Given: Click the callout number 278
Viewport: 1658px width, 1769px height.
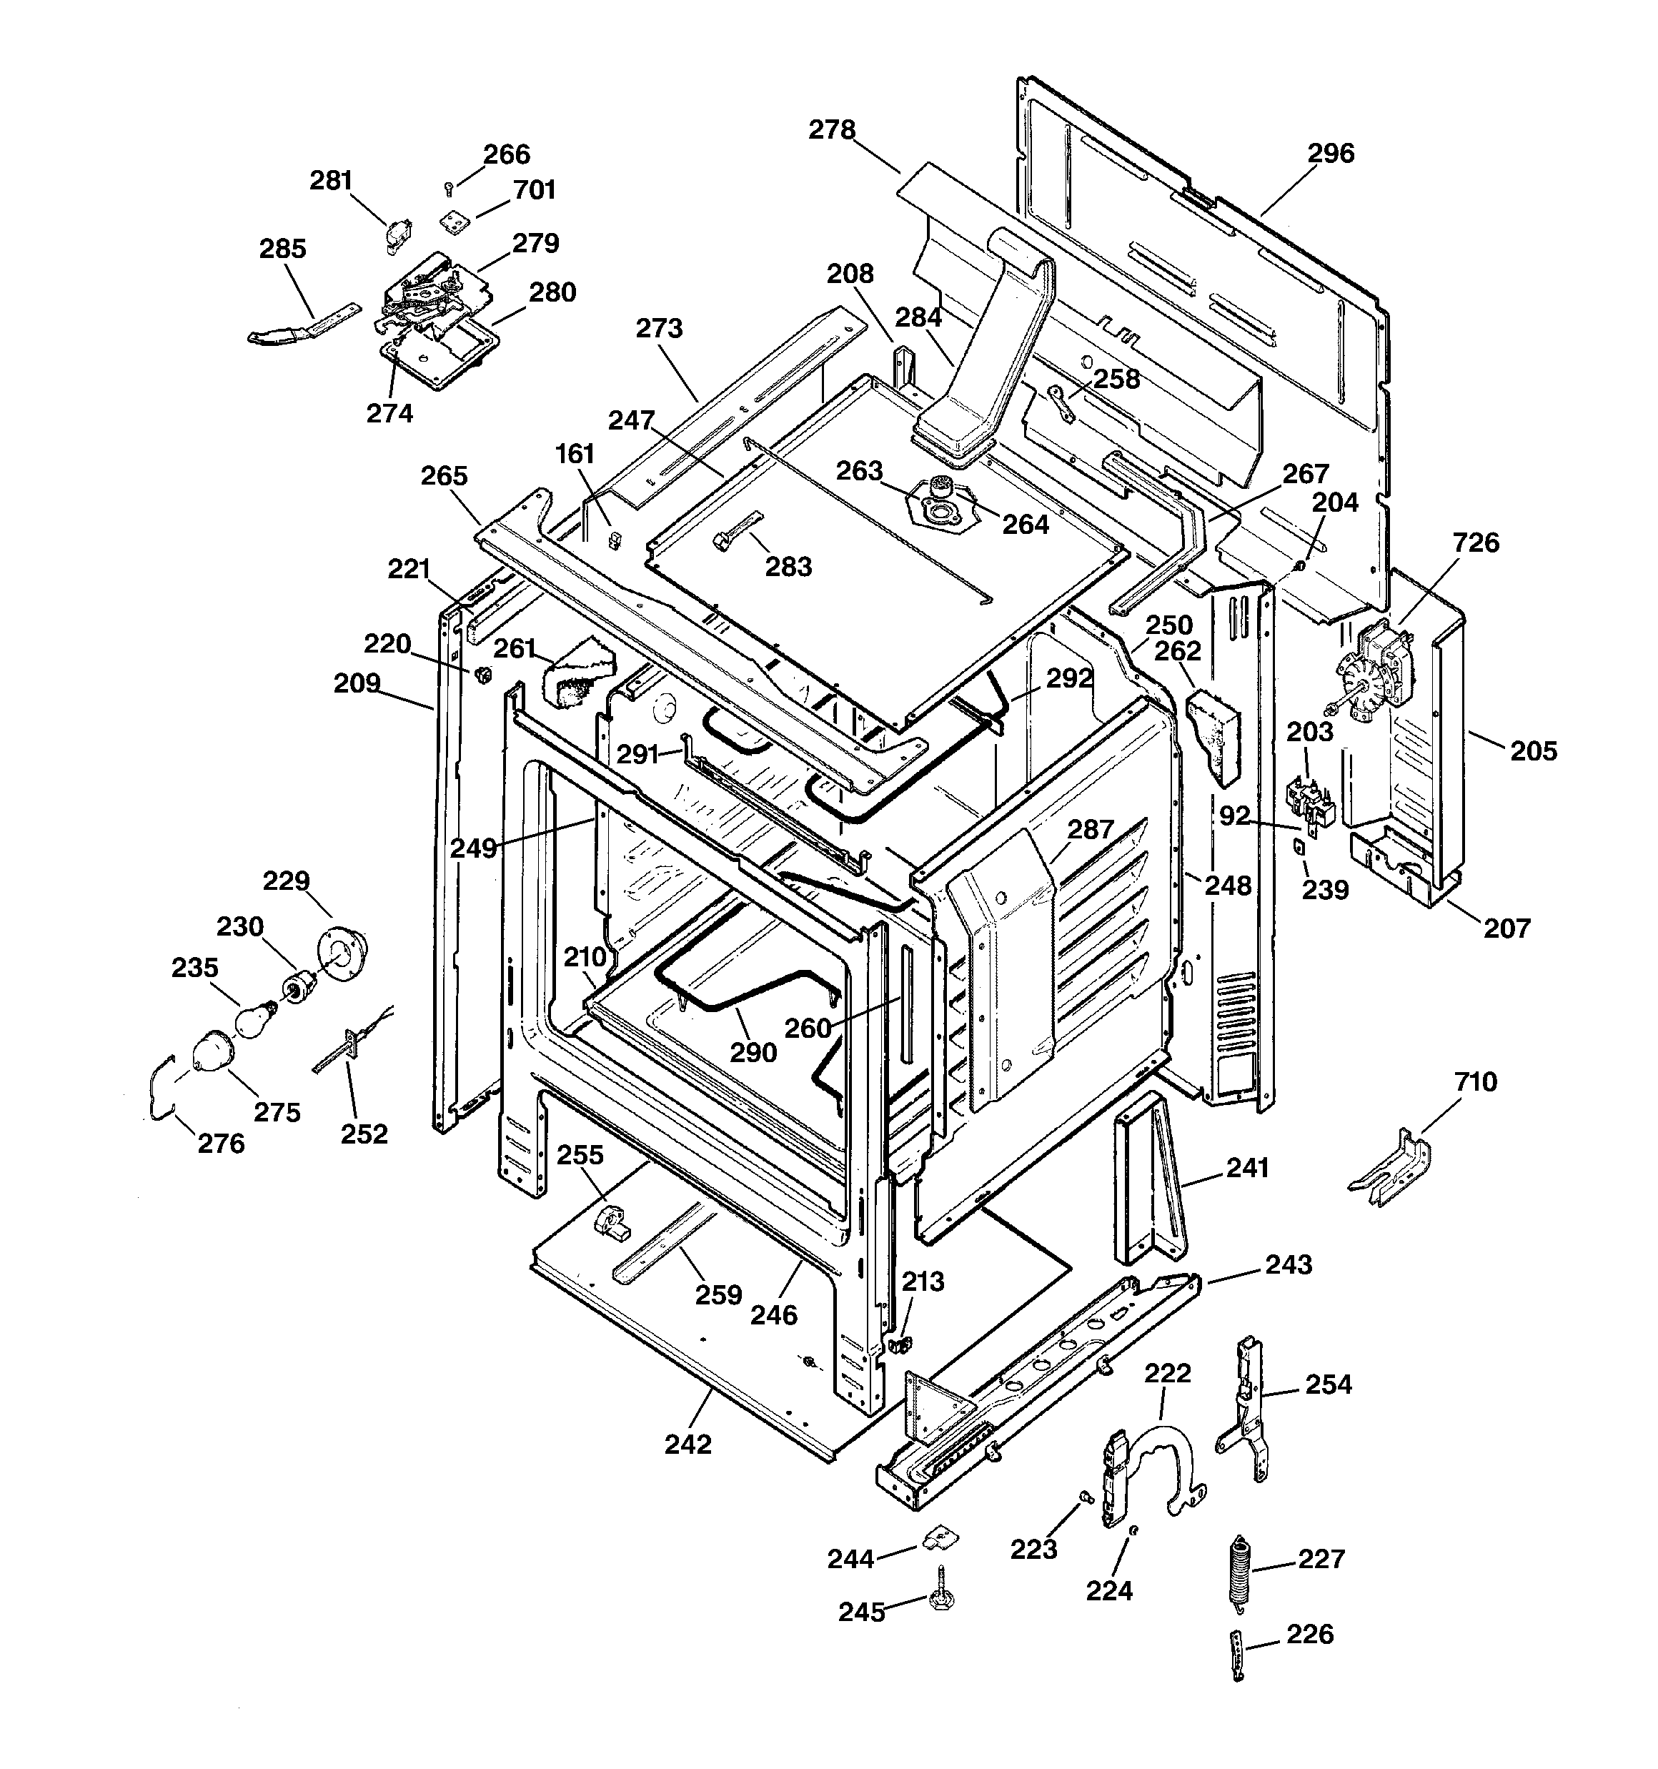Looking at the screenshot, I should coord(832,130).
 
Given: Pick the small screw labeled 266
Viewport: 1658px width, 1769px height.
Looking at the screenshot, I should coord(450,187).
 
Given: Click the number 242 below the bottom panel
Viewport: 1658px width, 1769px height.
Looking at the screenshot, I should coord(688,1445).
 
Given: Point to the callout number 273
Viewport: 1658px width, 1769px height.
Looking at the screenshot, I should coord(660,328).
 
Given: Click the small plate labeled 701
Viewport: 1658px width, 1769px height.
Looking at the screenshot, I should coord(456,222).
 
